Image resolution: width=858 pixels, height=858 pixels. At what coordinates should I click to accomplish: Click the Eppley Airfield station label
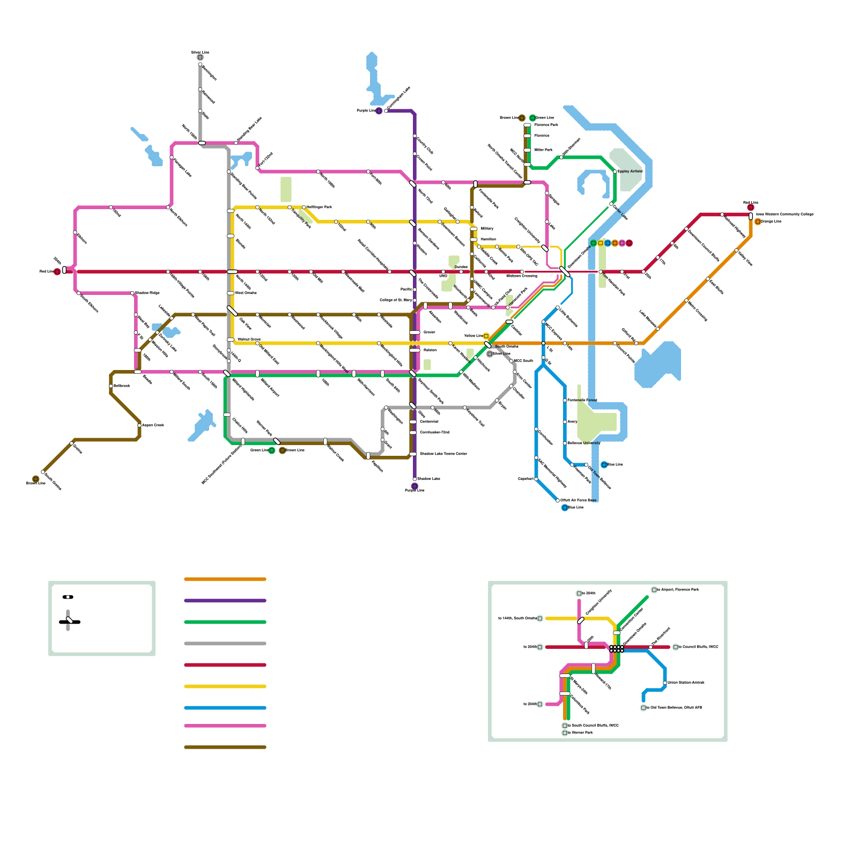(630, 172)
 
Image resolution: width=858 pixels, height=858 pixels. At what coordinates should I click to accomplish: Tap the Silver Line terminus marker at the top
(200, 57)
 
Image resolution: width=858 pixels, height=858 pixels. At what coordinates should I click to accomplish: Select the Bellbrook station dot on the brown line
(111, 386)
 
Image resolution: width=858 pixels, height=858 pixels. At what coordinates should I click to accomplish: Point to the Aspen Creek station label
(153, 425)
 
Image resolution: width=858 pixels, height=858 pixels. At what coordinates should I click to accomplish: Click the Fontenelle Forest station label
(582, 400)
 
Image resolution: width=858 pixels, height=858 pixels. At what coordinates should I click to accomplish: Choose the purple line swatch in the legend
(225, 601)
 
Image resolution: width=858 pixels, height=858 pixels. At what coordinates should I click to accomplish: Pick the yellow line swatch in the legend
(225, 686)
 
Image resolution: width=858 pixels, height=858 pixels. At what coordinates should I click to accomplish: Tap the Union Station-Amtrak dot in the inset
(665, 683)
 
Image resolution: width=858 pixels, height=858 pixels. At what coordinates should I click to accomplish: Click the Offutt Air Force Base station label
(578, 500)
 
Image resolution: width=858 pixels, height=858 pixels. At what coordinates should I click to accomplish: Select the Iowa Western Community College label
(785, 214)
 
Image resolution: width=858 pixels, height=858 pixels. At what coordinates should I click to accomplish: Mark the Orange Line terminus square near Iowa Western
(758, 221)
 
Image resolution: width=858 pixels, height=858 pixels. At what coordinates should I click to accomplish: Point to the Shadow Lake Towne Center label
(443, 454)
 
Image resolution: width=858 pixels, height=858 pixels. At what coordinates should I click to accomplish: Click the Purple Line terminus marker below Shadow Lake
(415, 486)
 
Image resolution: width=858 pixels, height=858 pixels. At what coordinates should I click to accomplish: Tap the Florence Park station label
(546, 125)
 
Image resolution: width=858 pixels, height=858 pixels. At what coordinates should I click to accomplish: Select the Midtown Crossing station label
(521, 276)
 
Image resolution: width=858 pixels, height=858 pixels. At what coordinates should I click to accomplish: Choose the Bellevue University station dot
(565, 443)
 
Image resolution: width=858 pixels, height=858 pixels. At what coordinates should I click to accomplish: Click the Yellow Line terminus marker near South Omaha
(486, 336)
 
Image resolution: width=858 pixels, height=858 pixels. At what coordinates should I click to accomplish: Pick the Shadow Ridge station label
(147, 293)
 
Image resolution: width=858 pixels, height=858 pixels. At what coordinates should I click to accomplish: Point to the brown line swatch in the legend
(225, 747)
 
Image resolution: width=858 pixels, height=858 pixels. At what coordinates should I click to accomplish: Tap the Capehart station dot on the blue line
(536, 479)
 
